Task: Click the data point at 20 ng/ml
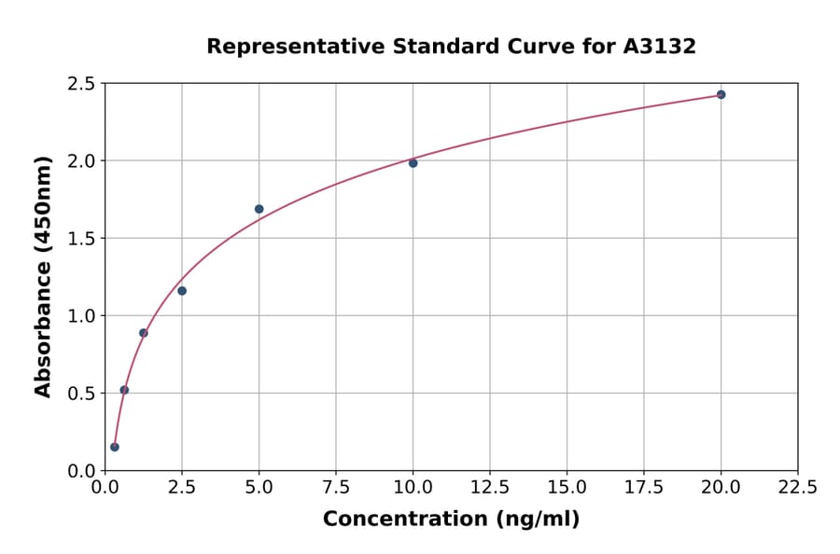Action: tap(721, 94)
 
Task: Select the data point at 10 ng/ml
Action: tap(413, 163)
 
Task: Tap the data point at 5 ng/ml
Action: tap(259, 209)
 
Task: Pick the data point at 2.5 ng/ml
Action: tap(182, 291)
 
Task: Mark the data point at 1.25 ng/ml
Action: tap(144, 333)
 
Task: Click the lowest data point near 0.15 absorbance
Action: tap(115, 447)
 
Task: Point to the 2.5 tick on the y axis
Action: tap(80, 84)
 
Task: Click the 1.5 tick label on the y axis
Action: tap(80, 239)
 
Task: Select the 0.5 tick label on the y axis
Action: tap(80, 394)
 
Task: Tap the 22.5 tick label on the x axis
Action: tap(797, 488)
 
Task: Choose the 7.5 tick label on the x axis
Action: tap(336, 488)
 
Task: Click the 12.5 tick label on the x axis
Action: tap(489, 488)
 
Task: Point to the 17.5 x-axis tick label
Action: tap(643, 488)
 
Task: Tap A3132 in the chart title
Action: tap(660, 47)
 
